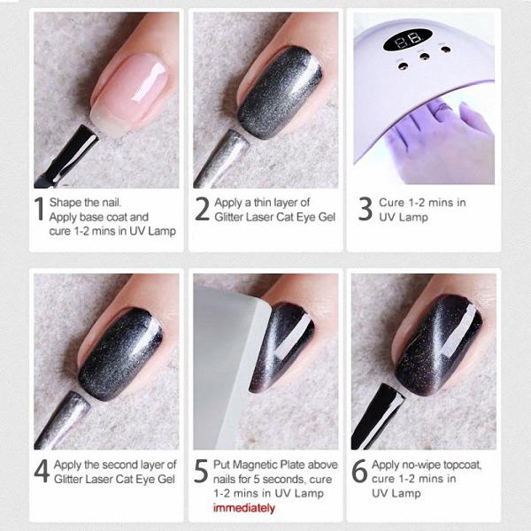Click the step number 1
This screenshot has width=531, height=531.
(x=40, y=209)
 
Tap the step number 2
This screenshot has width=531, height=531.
(x=203, y=209)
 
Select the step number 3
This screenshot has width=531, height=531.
(x=365, y=209)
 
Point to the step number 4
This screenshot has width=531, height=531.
(x=42, y=471)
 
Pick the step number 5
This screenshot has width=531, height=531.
(x=201, y=471)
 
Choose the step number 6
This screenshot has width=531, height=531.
(x=359, y=471)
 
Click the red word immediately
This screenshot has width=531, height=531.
(x=244, y=508)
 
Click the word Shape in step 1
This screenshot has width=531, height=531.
(x=65, y=203)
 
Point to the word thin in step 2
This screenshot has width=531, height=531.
(x=263, y=203)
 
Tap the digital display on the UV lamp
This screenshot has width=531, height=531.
(x=407, y=40)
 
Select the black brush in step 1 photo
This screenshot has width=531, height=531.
(x=67, y=157)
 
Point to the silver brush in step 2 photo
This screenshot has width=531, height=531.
(x=221, y=159)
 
